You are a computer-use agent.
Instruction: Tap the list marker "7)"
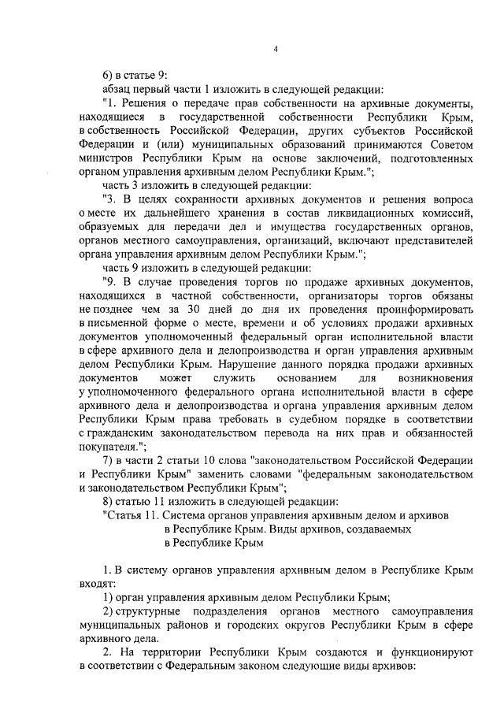[x=109, y=459]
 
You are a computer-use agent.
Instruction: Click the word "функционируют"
[x=427, y=653]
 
